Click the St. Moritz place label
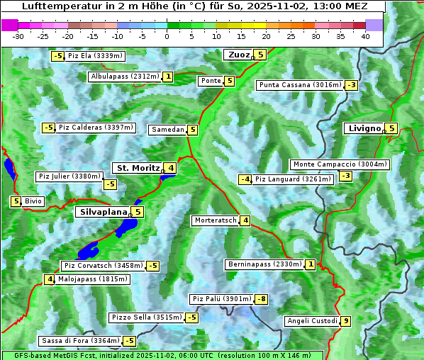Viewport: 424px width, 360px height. (x=138, y=168)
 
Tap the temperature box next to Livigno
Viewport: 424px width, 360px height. (x=391, y=128)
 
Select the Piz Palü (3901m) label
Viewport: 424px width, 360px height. (x=221, y=299)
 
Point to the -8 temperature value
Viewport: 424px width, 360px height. (x=261, y=299)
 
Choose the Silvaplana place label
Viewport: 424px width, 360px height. (x=103, y=211)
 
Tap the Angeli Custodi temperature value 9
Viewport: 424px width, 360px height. (x=345, y=321)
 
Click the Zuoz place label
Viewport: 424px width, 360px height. (x=238, y=55)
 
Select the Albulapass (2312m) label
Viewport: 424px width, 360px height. (x=125, y=77)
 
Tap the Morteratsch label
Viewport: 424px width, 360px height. (x=215, y=220)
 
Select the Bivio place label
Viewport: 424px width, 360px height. (x=34, y=201)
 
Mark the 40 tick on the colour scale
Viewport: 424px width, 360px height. (x=365, y=36)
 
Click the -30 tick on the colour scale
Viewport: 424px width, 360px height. (x=18, y=36)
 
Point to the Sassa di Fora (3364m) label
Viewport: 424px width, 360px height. (x=79, y=341)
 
